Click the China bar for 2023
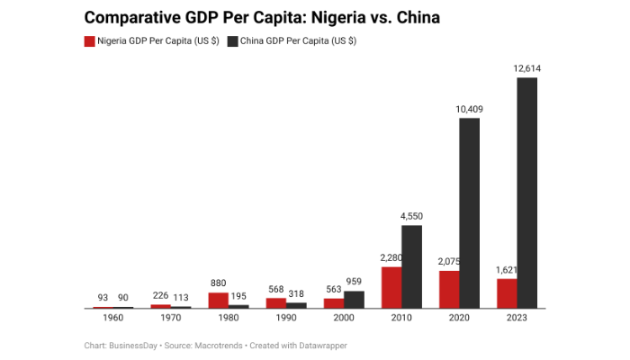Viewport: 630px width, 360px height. tap(526, 193)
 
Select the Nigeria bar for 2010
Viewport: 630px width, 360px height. tap(391, 287)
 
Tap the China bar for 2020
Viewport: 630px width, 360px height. tap(469, 213)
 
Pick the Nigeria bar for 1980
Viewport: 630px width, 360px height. tap(219, 300)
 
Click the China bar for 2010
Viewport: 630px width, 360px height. tap(411, 266)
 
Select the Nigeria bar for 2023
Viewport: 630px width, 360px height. tap(507, 293)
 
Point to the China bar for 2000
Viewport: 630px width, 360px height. tap(354, 299)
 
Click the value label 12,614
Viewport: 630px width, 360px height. tap(526, 68)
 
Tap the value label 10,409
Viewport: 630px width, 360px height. tap(469, 109)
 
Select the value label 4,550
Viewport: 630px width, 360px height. tap(411, 216)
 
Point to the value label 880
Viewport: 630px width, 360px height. tap(219, 283)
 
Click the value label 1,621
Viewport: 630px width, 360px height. tap(507, 269)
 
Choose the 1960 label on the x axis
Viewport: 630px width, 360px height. tap(113, 318)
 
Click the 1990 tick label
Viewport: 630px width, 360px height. tap(286, 318)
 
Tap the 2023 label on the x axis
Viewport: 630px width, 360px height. tap(517, 318)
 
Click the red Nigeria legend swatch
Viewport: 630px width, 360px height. tap(90, 41)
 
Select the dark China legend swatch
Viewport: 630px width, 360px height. tap(233, 41)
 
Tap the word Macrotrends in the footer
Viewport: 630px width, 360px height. tap(215, 346)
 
